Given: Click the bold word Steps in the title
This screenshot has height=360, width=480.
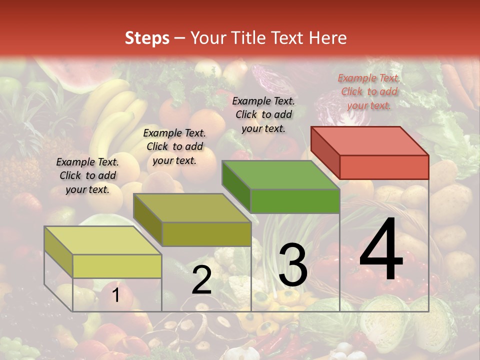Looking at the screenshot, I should tap(147, 38).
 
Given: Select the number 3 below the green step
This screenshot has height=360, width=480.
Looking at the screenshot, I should tap(292, 265).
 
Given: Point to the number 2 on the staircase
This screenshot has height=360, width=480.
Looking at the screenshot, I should tap(201, 280).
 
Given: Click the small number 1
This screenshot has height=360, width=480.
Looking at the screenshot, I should tap(115, 295).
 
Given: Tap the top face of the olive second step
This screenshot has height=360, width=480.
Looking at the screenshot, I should tap(192, 208).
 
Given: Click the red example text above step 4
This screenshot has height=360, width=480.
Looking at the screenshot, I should tap(369, 91).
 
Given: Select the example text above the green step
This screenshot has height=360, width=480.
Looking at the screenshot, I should tap(263, 114).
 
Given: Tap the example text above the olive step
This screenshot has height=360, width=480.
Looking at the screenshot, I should tap(174, 146).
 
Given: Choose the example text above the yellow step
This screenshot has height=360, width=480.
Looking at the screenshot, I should tap(87, 175).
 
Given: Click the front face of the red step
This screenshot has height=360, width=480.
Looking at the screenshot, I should tap(384, 167).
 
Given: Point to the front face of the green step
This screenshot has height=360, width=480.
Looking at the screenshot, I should tap(295, 201).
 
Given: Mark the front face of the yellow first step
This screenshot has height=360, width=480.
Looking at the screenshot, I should tap(117, 266).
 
